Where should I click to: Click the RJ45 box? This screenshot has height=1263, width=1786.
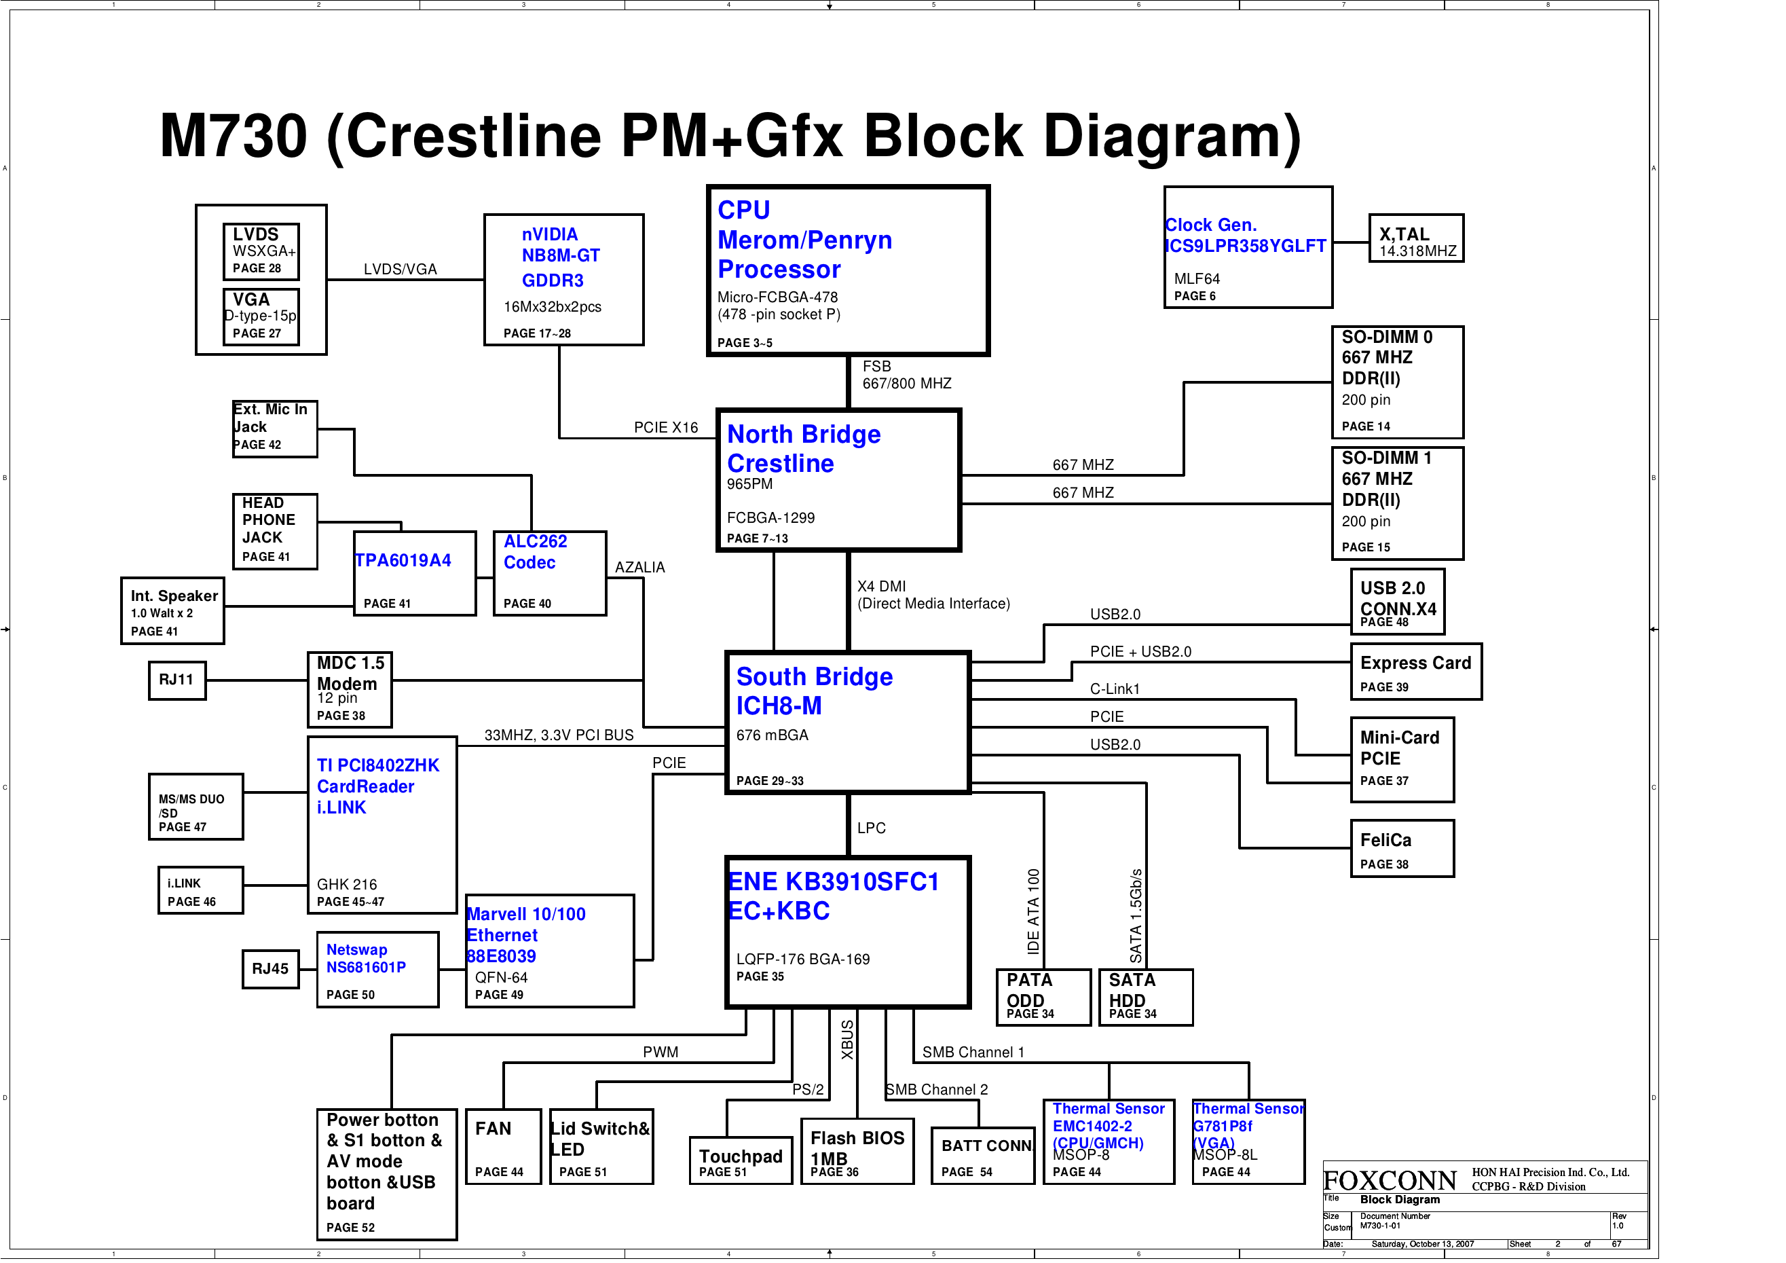tap(270, 969)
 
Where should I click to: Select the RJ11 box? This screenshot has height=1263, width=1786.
tap(176, 680)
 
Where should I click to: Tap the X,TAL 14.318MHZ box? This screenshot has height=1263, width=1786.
tap(1416, 238)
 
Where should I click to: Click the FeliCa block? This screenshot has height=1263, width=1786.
tap(1402, 848)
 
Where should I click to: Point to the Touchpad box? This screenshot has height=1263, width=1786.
tap(740, 1161)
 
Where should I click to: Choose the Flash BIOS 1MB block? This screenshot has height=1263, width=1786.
tap(857, 1152)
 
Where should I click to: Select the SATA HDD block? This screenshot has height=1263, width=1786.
tap(1145, 997)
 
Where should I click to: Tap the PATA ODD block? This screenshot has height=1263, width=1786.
tap(1043, 997)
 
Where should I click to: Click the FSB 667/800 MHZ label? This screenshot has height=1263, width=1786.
tap(906, 375)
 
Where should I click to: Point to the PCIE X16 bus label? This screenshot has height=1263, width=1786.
tap(666, 428)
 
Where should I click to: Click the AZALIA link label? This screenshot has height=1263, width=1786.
tap(639, 567)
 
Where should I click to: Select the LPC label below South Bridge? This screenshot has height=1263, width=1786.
tap(871, 828)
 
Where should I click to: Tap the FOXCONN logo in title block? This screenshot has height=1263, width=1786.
tap(1390, 1181)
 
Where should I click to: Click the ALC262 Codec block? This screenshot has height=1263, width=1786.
tap(549, 572)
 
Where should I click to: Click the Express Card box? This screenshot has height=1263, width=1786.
tap(1416, 672)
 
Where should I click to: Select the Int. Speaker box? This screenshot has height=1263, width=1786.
tap(172, 611)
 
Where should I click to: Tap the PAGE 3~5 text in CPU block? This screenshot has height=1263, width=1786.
tap(745, 342)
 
